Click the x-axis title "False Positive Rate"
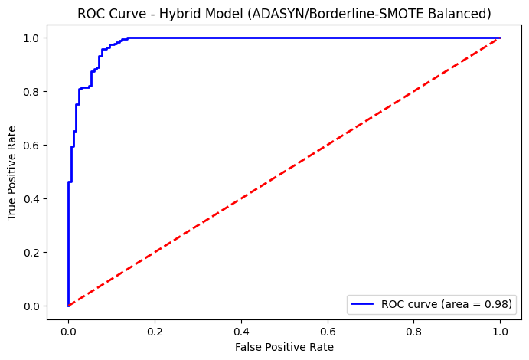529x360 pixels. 284,347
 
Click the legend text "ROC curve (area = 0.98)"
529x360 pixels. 447,304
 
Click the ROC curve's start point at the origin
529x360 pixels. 68,306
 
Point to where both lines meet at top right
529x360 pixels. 501,38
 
